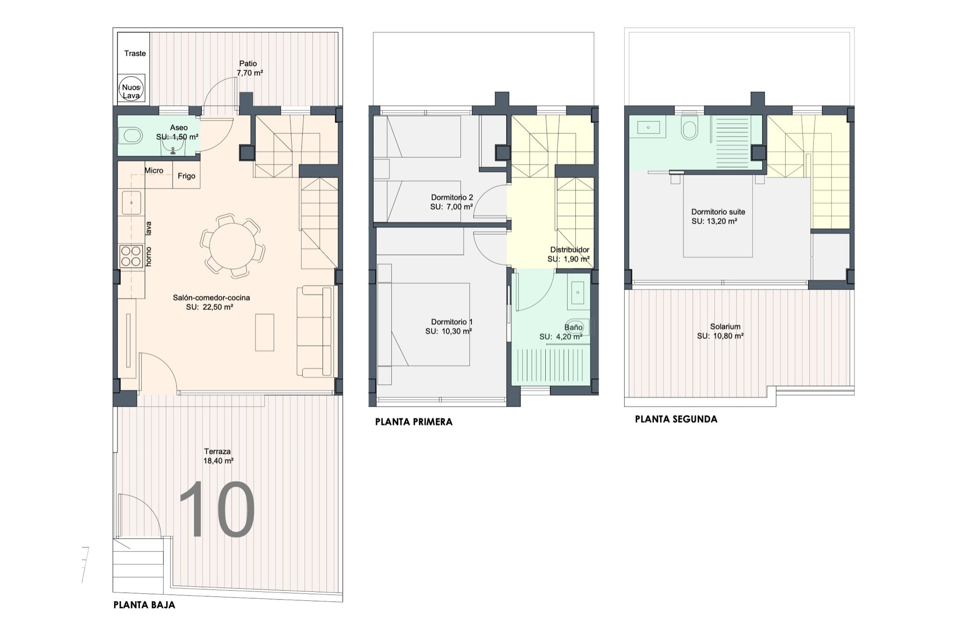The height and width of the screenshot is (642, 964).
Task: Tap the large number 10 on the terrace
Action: (x=217, y=510)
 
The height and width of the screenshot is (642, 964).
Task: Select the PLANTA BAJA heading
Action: (x=144, y=605)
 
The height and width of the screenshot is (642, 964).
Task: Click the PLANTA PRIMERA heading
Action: (x=414, y=422)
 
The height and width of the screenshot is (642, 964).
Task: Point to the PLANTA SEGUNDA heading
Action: (x=676, y=419)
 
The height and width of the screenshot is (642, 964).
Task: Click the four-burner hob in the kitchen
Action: (x=131, y=256)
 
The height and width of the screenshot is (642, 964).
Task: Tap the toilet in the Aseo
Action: (x=131, y=135)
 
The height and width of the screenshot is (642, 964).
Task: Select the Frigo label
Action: (x=186, y=176)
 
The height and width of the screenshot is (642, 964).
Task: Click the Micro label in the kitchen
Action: (x=154, y=171)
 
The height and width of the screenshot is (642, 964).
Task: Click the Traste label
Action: (x=135, y=53)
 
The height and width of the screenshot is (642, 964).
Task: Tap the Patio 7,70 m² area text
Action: (x=250, y=68)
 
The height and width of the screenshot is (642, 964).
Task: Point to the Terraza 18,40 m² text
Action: (x=218, y=456)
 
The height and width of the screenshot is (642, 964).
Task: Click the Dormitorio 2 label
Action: (x=452, y=198)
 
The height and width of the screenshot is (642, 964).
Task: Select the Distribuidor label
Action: (x=569, y=250)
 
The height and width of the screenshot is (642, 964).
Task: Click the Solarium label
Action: (x=725, y=327)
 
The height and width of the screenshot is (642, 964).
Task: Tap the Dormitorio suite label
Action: (x=718, y=212)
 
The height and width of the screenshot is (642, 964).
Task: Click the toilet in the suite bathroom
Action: (x=689, y=128)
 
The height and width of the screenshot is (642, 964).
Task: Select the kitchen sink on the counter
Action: (x=132, y=203)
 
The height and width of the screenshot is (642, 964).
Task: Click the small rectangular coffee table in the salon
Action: (x=265, y=333)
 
